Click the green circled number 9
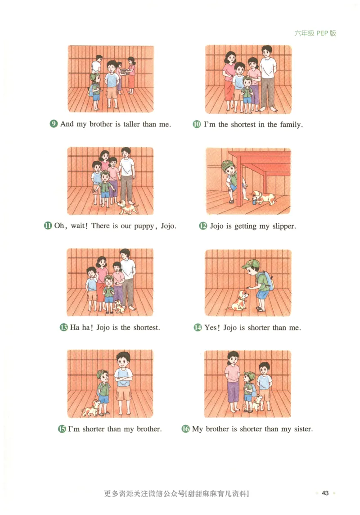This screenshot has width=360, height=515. coord(54,124)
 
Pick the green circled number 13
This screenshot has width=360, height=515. coord(63,327)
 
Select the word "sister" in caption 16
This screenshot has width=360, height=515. coord(303,429)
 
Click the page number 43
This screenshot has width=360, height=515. coord(325,493)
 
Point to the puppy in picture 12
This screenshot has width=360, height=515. coord(263,198)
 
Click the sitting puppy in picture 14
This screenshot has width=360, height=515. coord(238,300)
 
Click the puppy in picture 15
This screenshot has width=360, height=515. coord(91,408)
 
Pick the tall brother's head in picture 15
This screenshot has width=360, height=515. coord(123,360)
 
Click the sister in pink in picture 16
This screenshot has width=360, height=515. coord(233,381)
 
